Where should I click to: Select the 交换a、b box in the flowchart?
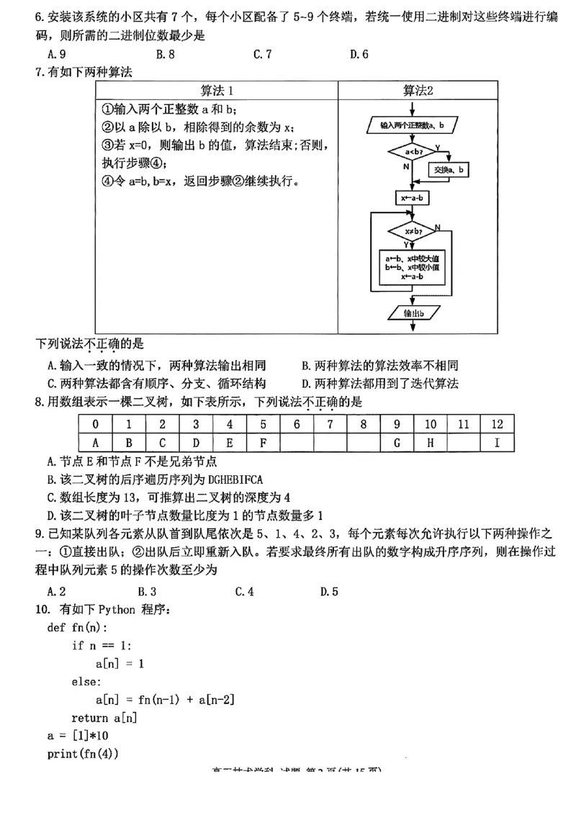449,170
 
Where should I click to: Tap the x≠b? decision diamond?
413,231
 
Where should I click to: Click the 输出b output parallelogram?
413,313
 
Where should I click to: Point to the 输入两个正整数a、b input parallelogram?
413,125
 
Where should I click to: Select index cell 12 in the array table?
497,424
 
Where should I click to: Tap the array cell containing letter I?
497,443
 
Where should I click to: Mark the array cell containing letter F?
263,443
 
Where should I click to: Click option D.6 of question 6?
359,53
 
